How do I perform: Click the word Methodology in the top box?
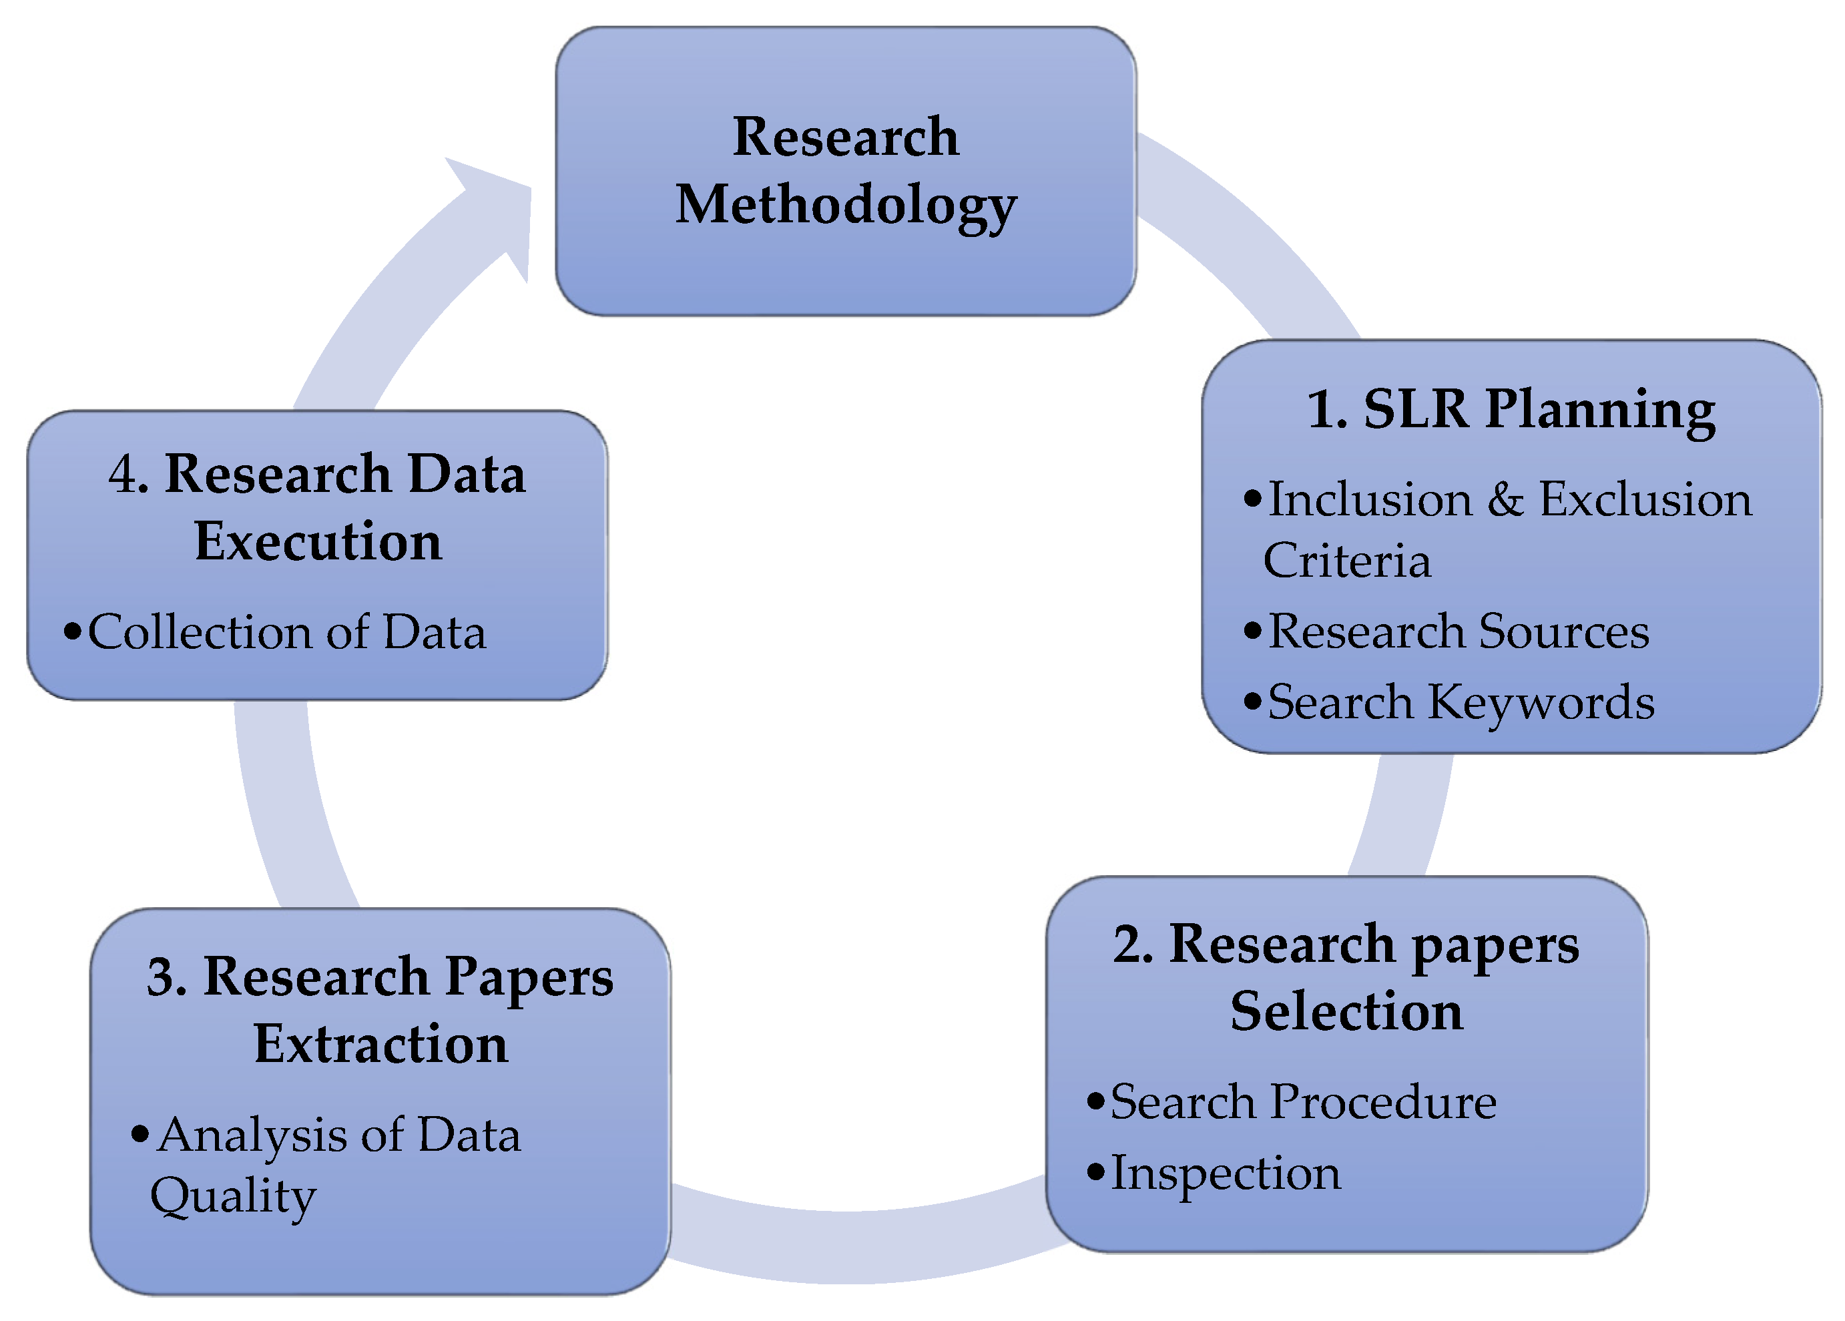pyautogui.click(x=845, y=204)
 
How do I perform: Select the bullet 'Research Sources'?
pyautogui.click(x=1459, y=631)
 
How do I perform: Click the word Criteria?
pyautogui.click(x=1346, y=561)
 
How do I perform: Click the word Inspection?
pyautogui.click(x=1225, y=1173)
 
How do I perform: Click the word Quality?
pyautogui.click(x=234, y=1197)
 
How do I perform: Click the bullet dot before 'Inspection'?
pyautogui.click(x=1096, y=1172)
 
